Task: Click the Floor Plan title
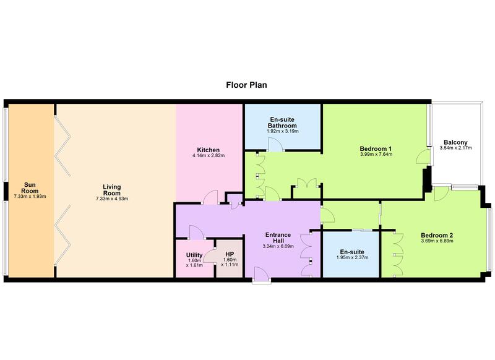point(246,85)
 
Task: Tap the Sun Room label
point(30,187)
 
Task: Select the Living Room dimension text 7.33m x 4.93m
point(112,199)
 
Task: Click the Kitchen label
point(209,150)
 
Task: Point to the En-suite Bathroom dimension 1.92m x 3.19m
point(283,131)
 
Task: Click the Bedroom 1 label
point(376,148)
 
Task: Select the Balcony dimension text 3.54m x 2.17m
point(455,148)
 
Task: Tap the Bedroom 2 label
point(437,236)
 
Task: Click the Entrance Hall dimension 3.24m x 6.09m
point(278,246)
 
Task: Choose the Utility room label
point(194,255)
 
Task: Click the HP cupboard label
point(230,254)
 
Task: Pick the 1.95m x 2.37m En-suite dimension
point(352,257)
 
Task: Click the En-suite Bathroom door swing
point(275,145)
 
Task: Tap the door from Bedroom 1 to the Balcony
point(423,156)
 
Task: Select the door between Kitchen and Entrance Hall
point(210,197)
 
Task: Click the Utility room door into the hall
point(196,232)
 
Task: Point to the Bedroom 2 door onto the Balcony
point(442,194)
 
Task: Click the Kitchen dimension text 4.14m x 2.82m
point(209,155)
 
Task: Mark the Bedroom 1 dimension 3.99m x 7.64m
point(376,154)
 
